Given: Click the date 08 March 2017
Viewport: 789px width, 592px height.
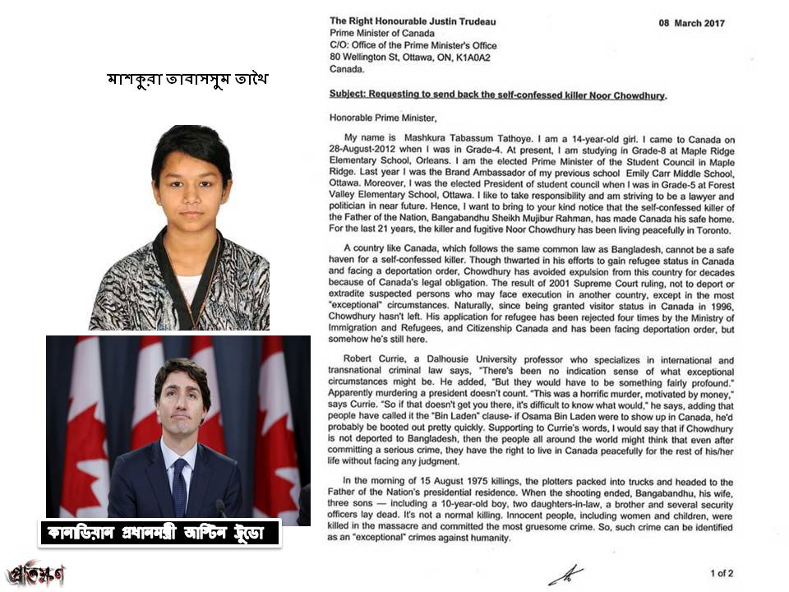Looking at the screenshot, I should pyautogui.click(x=691, y=23).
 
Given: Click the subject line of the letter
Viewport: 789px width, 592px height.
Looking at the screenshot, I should pyautogui.click(x=498, y=95).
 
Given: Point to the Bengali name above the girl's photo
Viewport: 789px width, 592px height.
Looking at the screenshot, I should pyautogui.click(x=188, y=80).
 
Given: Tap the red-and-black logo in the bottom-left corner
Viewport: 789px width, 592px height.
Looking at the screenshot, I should pyautogui.click(x=35, y=573).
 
